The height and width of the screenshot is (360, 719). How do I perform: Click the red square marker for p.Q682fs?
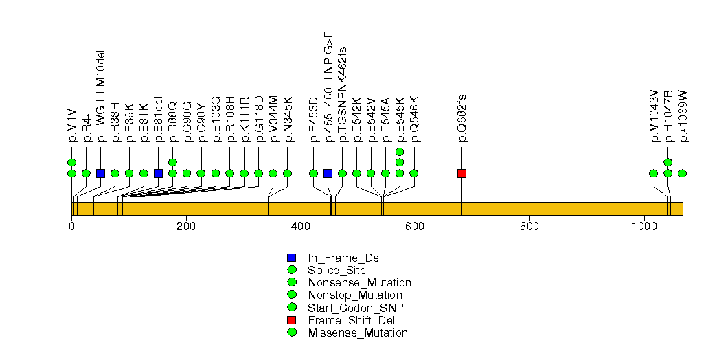461,173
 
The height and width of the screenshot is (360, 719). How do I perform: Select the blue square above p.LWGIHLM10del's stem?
100,173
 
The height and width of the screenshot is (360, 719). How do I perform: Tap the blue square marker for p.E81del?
158,173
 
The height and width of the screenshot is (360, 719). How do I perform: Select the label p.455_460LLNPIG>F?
328,87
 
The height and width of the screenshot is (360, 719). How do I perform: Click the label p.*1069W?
683,115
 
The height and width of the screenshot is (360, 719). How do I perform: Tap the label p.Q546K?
414,119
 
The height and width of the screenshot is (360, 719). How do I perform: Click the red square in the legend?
292,320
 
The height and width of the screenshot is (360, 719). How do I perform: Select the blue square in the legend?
292,258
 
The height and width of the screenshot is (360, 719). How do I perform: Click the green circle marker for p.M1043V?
654,173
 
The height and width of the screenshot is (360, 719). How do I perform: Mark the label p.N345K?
288,120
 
